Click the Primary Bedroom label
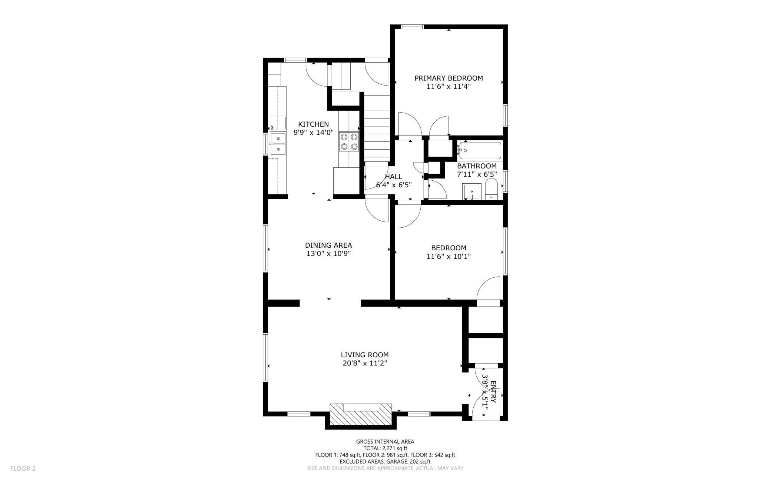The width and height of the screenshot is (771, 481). [x=449, y=78]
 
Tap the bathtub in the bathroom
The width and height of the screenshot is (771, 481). [x=479, y=151]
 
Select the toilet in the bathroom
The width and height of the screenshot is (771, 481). [x=492, y=189]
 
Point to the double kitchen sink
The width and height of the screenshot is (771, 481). [x=278, y=144]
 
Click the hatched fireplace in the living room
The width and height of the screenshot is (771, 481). [x=361, y=414]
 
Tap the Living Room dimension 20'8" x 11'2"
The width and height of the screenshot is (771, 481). [x=365, y=363]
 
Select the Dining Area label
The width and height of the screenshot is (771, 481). [x=328, y=245]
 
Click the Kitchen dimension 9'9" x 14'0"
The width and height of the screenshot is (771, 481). [x=314, y=133]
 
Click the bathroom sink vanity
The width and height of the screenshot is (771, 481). [x=471, y=191]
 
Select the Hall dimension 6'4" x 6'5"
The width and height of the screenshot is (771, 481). [x=394, y=185]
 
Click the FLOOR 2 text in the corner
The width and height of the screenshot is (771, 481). [x=23, y=468]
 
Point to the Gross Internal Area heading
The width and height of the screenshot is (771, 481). [x=385, y=441]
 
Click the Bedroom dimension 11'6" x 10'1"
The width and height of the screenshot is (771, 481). [x=449, y=256]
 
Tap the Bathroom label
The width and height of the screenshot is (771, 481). [x=477, y=166]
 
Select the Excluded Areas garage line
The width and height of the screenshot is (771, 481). [x=385, y=462]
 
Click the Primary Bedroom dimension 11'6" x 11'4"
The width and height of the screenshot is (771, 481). [x=449, y=87]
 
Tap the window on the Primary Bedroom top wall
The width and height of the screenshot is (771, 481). [x=413, y=27]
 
